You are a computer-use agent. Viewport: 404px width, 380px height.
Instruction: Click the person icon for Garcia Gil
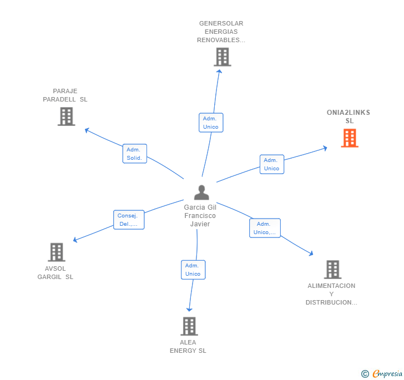pyautogui.click(x=201, y=192)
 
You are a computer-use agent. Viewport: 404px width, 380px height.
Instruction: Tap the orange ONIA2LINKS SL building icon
pyautogui.click(x=350, y=138)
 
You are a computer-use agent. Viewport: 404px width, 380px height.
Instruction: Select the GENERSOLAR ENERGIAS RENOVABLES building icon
pyautogui.click(x=222, y=57)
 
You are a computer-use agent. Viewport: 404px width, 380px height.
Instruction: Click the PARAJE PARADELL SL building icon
pyautogui.click(x=67, y=116)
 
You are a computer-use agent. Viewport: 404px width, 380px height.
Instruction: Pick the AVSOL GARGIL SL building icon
pyautogui.click(x=57, y=252)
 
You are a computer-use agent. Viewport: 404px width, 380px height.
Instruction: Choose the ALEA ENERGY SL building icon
pyautogui.click(x=189, y=326)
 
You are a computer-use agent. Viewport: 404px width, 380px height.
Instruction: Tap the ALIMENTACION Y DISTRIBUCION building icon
pyautogui.click(x=332, y=270)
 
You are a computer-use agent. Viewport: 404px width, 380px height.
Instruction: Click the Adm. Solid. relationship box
pyautogui.click(x=135, y=154)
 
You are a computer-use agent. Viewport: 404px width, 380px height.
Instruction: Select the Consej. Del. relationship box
pyautogui.click(x=129, y=220)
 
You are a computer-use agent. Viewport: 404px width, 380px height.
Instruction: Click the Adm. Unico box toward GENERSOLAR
pyautogui.click(x=211, y=123)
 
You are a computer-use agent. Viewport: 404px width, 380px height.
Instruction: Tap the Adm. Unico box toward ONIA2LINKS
pyautogui.click(x=271, y=164)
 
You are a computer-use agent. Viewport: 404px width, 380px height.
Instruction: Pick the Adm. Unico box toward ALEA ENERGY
pyautogui.click(x=193, y=270)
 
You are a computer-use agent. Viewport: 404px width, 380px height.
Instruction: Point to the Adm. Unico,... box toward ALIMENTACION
pyautogui.click(x=265, y=228)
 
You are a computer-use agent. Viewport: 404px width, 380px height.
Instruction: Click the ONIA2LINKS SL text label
pyautogui.click(x=349, y=116)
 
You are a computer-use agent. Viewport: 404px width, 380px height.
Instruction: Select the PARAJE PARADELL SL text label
pyautogui.click(x=65, y=95)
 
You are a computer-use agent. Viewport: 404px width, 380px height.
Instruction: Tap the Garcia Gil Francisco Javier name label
pyautogui.click(x=200, y=215)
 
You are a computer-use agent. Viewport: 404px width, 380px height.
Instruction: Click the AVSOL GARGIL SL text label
pyautogui.click(x=55, y=273)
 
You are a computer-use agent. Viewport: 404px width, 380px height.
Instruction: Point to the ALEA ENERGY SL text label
pyautogui.click(x=188, y=346)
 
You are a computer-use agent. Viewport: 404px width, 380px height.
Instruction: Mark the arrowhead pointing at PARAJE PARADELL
pyautogui.click(x=87, y=130)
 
